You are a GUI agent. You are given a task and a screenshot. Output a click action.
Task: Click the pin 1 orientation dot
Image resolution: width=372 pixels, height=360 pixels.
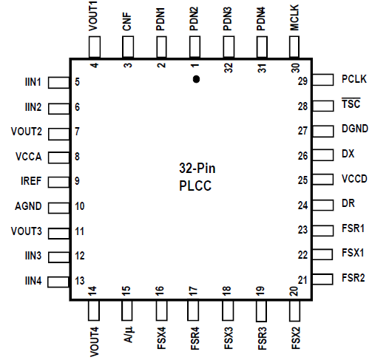[196, 79]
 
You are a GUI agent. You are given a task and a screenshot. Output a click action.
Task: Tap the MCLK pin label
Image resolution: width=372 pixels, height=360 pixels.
[294, 18]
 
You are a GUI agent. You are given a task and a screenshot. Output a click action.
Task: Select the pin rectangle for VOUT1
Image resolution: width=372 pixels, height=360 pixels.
[95, 47]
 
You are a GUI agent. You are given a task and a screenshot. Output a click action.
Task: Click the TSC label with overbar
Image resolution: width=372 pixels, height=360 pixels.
[351, 103]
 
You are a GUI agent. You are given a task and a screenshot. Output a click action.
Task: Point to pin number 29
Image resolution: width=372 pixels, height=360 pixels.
[302, 81]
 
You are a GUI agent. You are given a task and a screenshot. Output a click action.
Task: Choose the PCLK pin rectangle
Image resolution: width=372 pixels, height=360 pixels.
[323, 80]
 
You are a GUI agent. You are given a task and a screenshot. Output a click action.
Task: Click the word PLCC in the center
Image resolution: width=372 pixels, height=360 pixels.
[195, 186]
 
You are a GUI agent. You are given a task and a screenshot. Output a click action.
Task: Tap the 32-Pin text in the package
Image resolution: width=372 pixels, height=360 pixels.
[197, 169]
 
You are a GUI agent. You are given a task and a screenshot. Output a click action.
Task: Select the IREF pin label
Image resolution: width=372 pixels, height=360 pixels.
[31, 181]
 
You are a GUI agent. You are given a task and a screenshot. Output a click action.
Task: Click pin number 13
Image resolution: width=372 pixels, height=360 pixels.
[80, 281]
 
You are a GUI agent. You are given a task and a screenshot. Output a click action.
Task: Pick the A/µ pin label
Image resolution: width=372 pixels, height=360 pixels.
[128, 335]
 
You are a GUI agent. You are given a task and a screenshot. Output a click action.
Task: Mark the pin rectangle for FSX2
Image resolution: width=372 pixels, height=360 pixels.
[294, 310]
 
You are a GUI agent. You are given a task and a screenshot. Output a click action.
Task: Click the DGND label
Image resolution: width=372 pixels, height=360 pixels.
[355, 129]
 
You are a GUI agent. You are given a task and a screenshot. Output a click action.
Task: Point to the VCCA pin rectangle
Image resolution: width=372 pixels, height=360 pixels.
[59, 157]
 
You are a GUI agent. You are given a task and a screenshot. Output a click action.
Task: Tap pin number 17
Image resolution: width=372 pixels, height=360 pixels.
[194, 291]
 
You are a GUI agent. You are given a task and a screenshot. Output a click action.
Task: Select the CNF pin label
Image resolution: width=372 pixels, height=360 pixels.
[127, 21]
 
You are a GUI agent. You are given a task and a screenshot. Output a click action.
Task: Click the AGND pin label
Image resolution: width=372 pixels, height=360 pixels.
[28, 206]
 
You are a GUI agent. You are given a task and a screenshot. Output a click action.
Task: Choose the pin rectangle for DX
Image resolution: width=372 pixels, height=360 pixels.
[323, 154]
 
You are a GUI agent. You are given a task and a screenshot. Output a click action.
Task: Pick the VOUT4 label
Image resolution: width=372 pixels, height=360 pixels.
[95, 342]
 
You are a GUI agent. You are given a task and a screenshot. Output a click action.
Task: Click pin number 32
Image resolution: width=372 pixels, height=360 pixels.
[229, 67]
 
